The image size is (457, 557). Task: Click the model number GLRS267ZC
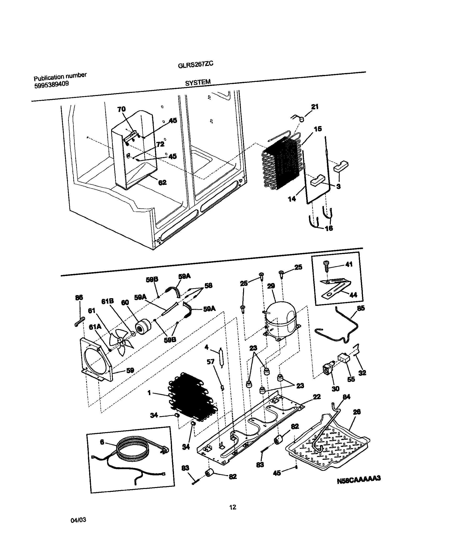point(195,64)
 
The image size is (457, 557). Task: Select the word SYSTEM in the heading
point(198,82)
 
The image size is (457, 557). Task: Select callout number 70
point(121,109)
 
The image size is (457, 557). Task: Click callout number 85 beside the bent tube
point(361,308)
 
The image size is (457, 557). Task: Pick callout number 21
point(315,106)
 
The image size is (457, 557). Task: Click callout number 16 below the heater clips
point(329,228)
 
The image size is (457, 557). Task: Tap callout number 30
point(335,389)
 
